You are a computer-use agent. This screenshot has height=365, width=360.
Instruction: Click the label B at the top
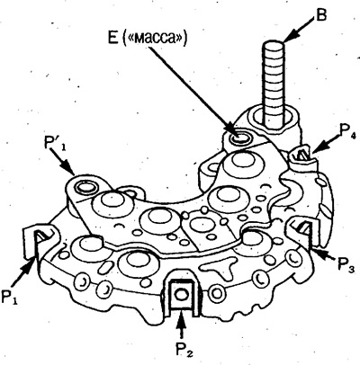point(320,15)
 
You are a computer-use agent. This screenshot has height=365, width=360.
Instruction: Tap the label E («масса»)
point(147,39)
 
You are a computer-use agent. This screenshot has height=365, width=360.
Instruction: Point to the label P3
point(346,264)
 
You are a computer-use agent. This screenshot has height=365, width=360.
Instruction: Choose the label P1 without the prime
point(9,296)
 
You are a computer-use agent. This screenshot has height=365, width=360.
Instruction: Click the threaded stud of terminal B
point(274,84)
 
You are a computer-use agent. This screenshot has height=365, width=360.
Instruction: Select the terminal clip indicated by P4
point(301,155)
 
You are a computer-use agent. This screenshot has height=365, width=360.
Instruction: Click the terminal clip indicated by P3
point(300,231)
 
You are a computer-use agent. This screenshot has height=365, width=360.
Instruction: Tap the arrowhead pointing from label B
point(289,38)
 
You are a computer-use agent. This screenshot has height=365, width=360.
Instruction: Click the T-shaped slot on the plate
point(218,267)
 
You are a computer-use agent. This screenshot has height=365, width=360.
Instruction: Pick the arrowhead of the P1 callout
point(31,265)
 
